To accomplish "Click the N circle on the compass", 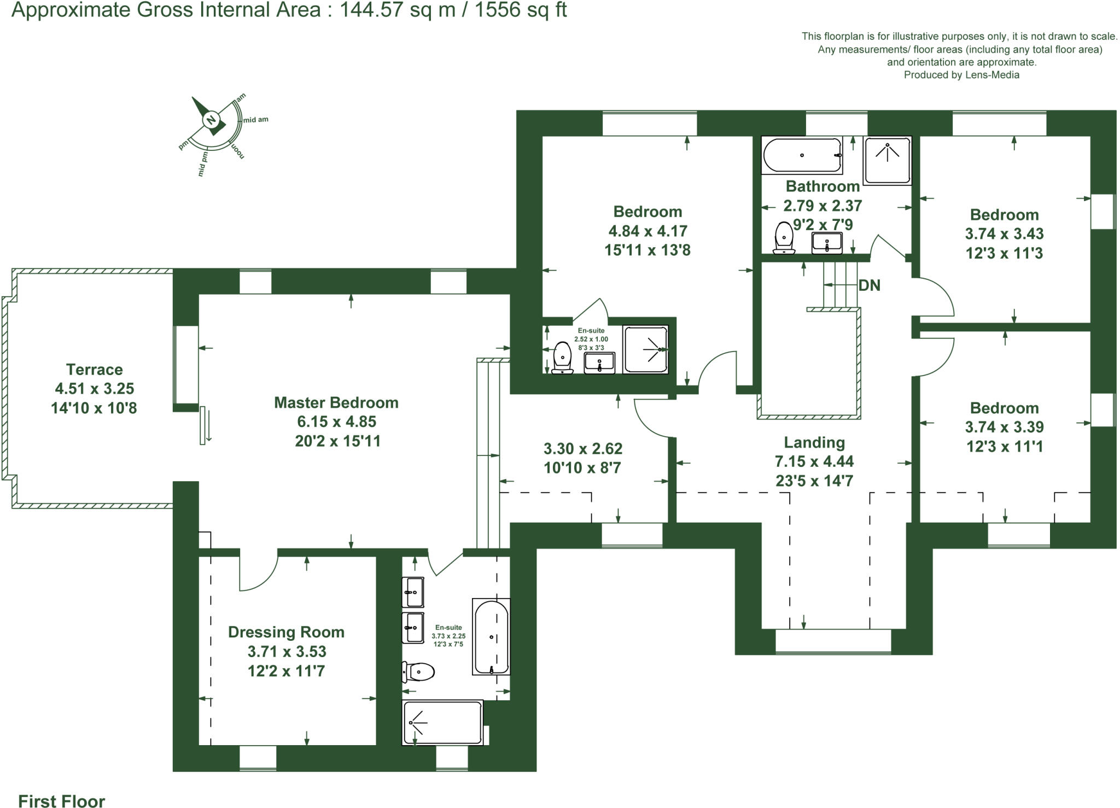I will pos(211,120).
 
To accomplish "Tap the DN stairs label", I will pos(869,285).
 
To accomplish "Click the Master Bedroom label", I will pos(336,403).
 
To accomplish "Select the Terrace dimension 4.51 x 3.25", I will pos(94,389).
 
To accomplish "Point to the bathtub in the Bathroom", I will pos(802,155).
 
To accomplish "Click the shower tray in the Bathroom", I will pos(887,160).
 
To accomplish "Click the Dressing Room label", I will pos(286,633).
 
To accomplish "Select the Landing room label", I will pos(814,442).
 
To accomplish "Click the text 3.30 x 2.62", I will pos(582,449).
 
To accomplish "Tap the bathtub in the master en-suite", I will pos(491,637).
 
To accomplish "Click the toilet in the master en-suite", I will pos(418,671).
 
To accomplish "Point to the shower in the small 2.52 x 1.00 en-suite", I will pos(645,350).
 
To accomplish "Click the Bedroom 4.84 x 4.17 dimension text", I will pos(647,231).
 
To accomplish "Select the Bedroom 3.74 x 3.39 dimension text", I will pos(1004,427).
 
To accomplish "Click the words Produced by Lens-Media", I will pos(961,75).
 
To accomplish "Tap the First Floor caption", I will pos(61,801).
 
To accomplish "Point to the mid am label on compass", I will pos(255,120).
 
